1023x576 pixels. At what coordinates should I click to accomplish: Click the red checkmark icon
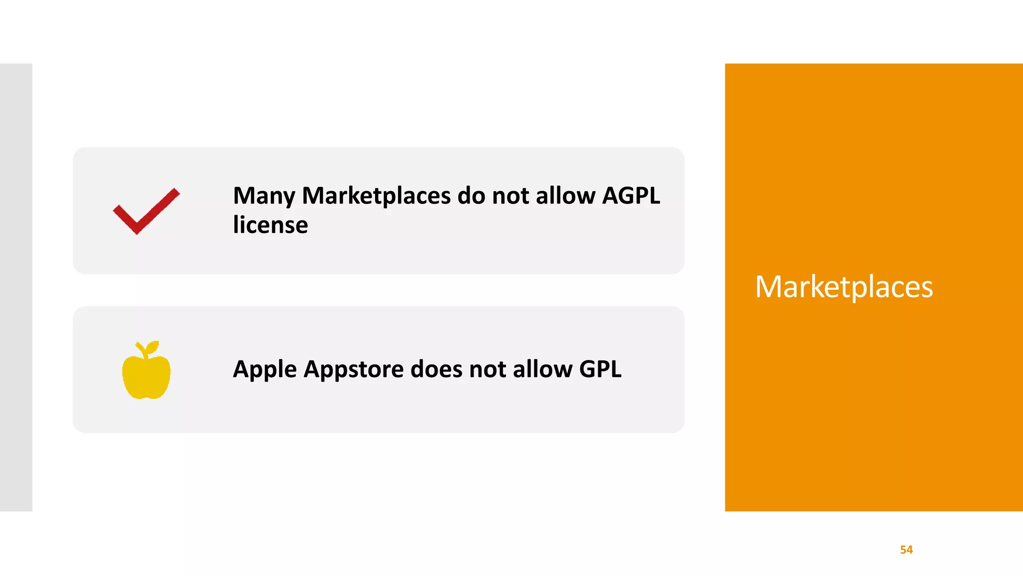tap(146, 211)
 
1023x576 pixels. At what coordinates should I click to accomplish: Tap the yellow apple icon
tap(146, 372)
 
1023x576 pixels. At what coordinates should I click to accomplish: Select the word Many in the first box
tap(264, 196)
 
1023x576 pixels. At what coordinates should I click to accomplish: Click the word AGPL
tap(631, 195)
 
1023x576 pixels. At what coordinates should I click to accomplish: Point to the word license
tap(270, 225)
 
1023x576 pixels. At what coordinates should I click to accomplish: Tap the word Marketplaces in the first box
tap(376, 196)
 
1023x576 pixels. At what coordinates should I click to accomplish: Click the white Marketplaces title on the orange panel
tap(844, 287)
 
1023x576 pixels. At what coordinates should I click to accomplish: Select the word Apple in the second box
tap(265, 370)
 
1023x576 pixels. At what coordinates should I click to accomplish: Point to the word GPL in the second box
tap(600, 369)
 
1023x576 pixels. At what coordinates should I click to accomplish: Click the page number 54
tap(906, 550)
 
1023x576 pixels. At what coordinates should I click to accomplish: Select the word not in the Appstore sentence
tap(488, 369)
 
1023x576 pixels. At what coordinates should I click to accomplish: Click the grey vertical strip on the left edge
tap(16, 287)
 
